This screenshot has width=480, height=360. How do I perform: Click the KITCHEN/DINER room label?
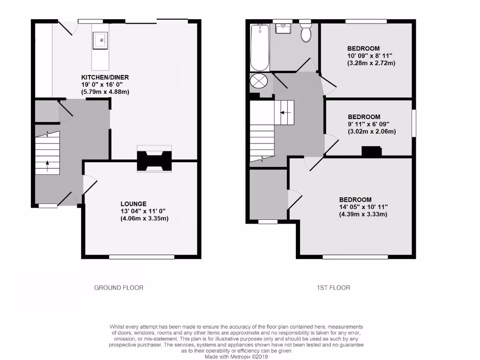[x=105, y=77]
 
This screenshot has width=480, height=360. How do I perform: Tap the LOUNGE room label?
[x=134, y=204]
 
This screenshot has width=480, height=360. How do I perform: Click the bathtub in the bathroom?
[x=259, y=47]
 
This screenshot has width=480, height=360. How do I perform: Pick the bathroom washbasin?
[x=283, y=29]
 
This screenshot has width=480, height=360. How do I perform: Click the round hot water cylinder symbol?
[x=259, y=81]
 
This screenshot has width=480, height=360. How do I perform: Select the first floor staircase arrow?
[x=285, y=112]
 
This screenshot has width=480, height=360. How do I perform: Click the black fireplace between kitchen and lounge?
[x=154, y=161]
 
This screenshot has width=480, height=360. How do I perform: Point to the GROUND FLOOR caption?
[x=119, y=287]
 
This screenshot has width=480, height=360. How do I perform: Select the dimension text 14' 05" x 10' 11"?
[x=363, y=207]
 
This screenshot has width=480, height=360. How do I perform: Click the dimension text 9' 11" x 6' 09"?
[x=371, y=124]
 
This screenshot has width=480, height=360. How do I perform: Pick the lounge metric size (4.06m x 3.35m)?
[x=144, y=218]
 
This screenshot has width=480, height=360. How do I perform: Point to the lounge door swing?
[x=90, y=184]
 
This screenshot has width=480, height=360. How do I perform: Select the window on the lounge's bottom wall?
[x=142, y=257]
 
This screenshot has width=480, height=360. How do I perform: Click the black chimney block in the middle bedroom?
[x=371, y=151]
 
